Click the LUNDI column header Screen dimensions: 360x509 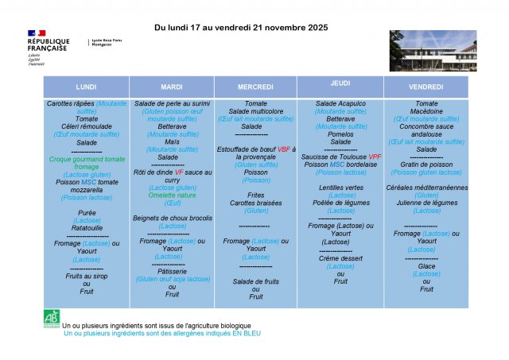86,87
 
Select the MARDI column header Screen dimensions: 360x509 172,87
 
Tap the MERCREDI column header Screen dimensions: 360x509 255,87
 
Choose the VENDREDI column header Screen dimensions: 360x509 426,87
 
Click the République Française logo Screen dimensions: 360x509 48,43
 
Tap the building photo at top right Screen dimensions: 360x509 433,51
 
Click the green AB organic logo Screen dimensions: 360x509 52,317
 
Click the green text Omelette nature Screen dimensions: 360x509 172,195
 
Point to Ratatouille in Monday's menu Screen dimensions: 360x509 86,228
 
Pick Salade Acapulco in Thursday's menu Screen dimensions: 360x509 340,104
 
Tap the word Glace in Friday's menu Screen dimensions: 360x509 426,266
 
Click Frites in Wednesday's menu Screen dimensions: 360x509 255,195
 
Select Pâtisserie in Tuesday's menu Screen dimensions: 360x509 172,271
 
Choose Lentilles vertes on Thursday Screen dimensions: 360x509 340,188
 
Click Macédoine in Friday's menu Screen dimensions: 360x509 426,112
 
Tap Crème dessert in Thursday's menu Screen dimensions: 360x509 340,258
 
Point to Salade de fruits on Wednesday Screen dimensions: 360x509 255,281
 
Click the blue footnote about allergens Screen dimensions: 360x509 161,334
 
